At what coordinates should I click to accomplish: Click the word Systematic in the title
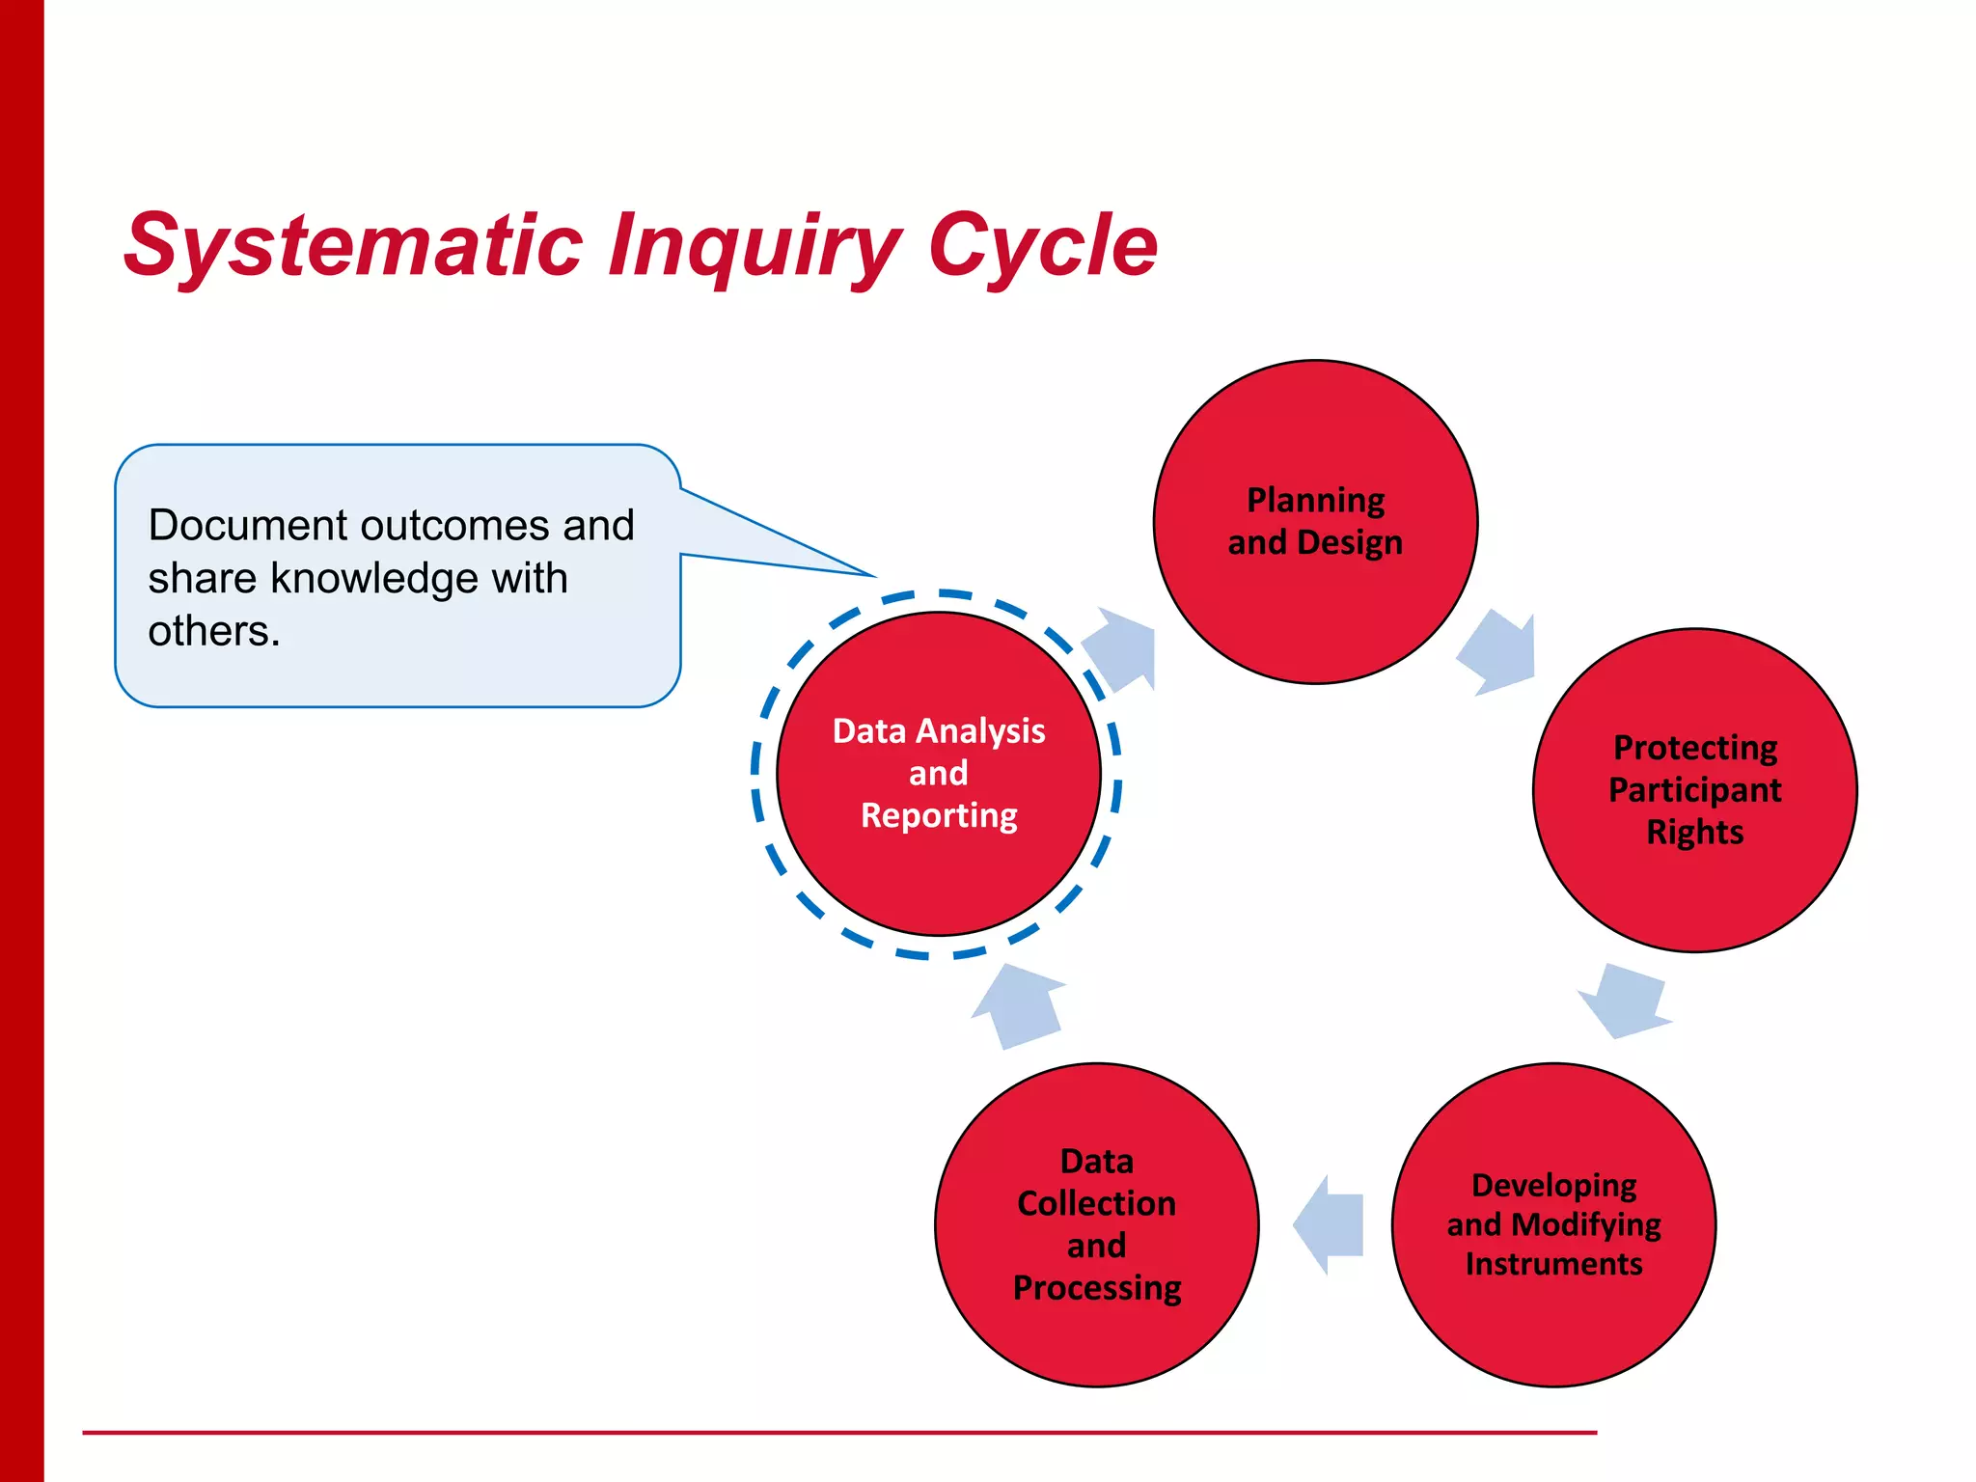click(x=353, y=246)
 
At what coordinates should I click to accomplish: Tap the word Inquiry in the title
click(x=755, y=246)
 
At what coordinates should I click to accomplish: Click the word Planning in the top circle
click(x=1315, y=500)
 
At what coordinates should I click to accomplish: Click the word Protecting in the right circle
click(x=1695, y=747)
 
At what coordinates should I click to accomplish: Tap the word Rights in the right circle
click(x=1694, y=832)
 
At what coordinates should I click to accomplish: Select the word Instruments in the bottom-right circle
click(x=1553, y=1264)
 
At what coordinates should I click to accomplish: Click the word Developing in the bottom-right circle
click(x=1553, y=1185)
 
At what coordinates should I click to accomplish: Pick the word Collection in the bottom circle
click(x=1096, y=1203)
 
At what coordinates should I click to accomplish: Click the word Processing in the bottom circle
click(x=1096, y=1288)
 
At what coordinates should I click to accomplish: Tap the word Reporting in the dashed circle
click(x=938, y=815)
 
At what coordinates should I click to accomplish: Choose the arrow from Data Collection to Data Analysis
click(x=1019, y=1005)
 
